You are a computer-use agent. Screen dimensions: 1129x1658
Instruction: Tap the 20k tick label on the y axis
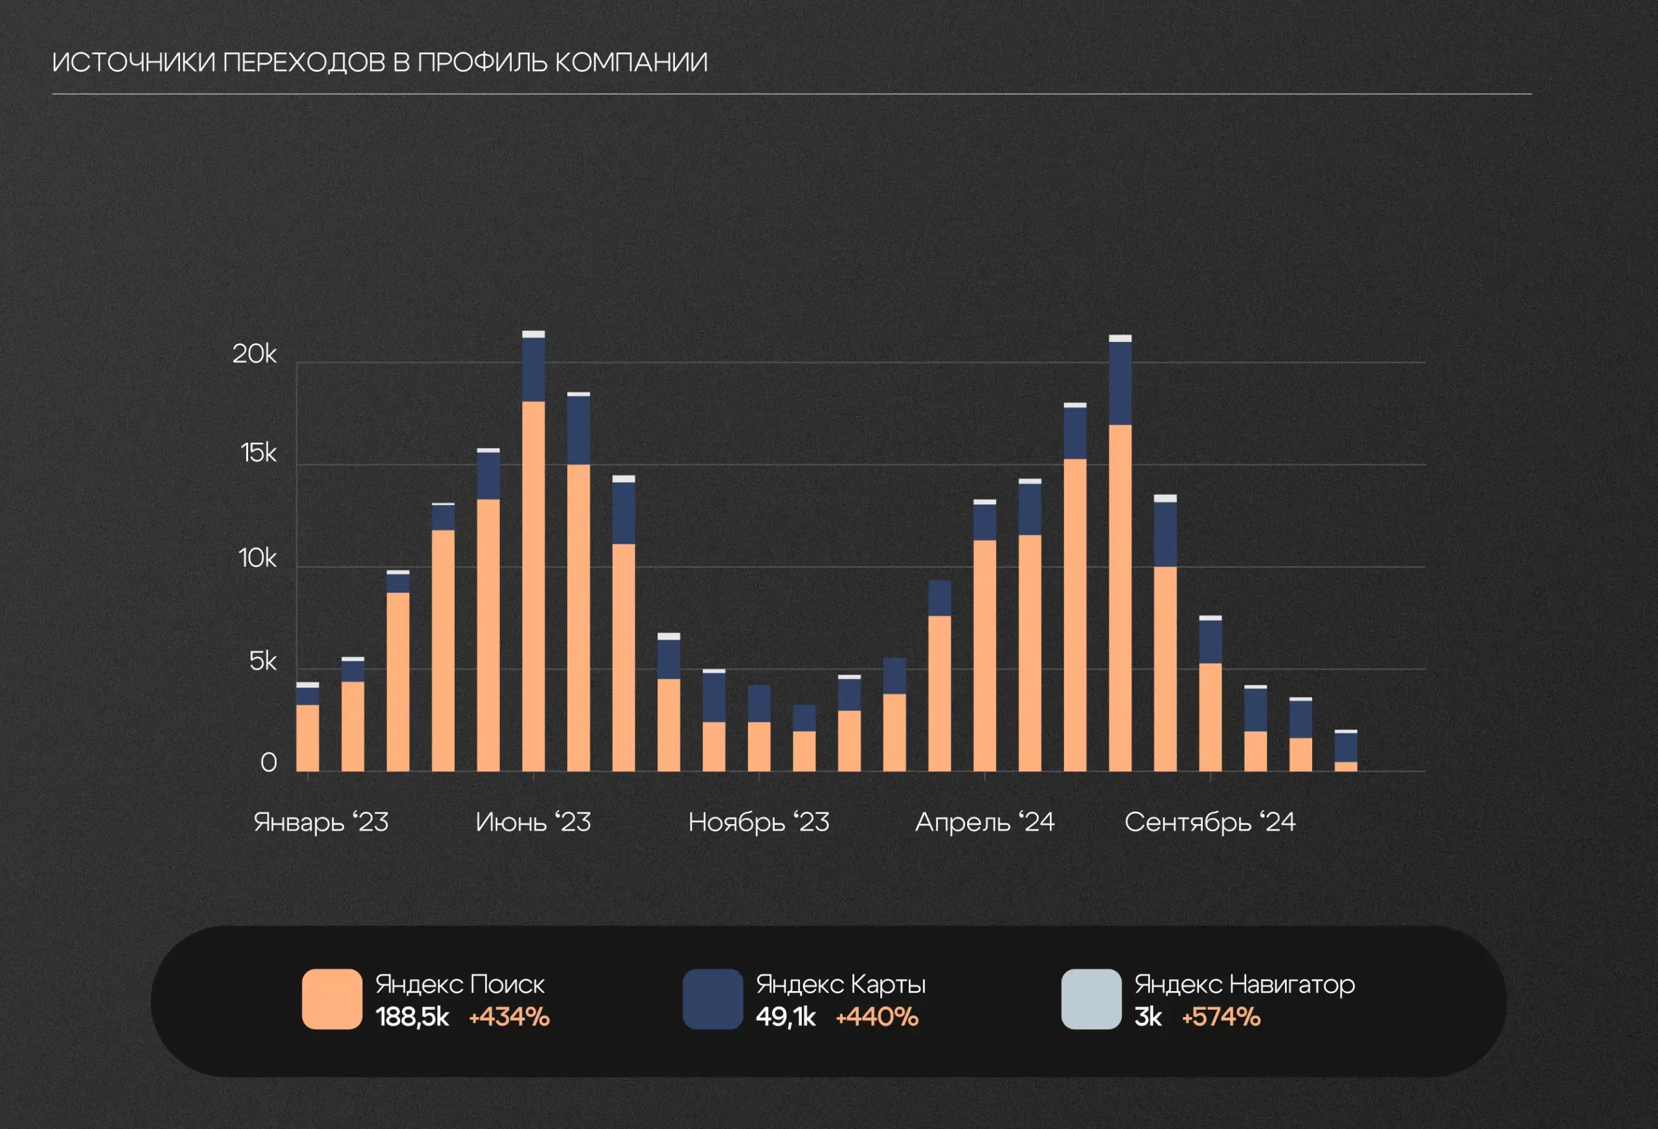coord(254,353)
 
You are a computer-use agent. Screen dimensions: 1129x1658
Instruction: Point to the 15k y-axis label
coord(258,453)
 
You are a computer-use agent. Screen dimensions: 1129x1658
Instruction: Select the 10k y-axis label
coord(257,558)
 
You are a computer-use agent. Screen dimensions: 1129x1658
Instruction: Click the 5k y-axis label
coord(262,661)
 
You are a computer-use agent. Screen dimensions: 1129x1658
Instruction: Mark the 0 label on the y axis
coord(268,763)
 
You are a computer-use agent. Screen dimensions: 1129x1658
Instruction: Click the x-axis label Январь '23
coord(321,822)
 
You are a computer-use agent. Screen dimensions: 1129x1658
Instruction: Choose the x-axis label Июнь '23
coord(533,822)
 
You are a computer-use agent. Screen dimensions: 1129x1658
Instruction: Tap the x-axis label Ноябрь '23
coord(758,822)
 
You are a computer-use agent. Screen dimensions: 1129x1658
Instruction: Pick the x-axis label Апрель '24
coord(984,822)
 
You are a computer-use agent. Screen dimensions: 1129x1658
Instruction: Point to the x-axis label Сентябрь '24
coord(1210,822)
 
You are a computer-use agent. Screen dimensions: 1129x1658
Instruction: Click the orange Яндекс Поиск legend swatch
coord(332,998)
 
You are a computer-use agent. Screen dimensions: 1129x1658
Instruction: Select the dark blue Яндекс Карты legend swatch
coord(712,998)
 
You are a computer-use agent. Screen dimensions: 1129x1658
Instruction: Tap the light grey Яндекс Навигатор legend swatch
coord(1091,998)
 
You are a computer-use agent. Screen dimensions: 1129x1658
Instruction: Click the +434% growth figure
coord(508,1017)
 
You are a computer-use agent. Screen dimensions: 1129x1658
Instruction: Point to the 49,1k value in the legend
coord(785,1017)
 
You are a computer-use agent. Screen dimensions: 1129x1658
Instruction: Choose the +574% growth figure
coord(1221,1017)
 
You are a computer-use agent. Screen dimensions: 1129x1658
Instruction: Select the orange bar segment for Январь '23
coord(308,738)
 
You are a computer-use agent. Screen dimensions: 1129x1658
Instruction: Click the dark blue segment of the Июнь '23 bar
coord(533,370)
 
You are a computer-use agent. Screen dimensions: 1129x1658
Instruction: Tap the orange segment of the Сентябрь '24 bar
coord(1210,717)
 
